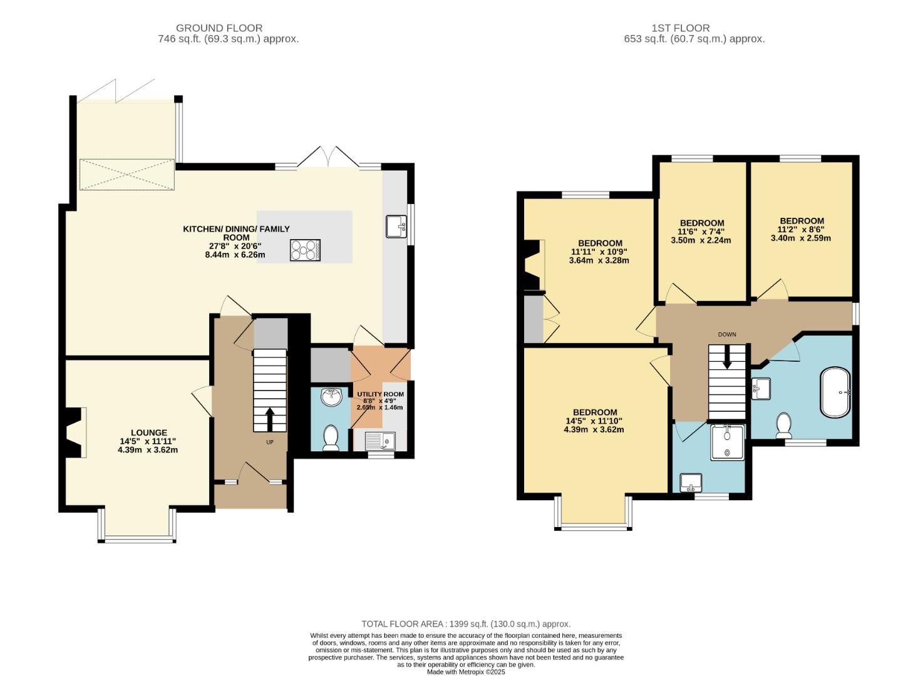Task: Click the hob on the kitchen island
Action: (305, 250)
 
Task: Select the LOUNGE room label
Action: (148, 433)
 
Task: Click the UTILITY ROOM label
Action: (380, 394)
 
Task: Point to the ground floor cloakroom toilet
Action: (330, 437)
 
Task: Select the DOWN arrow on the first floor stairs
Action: (727, 357)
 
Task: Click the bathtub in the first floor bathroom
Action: (835, 392)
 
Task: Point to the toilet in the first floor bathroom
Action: (783, 425)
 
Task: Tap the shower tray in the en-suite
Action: (727, 443)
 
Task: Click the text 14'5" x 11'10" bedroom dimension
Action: (594, 421)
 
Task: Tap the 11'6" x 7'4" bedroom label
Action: (701, 232)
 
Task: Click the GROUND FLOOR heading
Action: (219, 28)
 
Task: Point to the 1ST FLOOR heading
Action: (680, 28)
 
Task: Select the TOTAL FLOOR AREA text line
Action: (466, 624)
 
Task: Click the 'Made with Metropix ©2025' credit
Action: (466, 672)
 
